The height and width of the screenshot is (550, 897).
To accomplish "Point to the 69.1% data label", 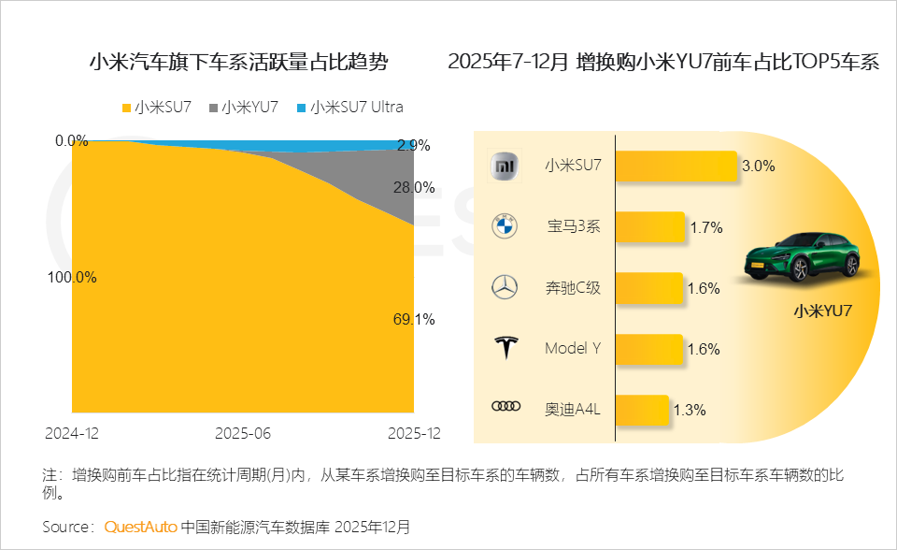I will point(413,319).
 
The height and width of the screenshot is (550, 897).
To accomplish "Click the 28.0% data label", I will point(413,187).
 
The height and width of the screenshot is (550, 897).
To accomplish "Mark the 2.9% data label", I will point(413,146).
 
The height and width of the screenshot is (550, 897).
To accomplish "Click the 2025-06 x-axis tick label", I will point(243,434).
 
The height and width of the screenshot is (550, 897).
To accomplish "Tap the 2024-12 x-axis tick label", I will point(72,434).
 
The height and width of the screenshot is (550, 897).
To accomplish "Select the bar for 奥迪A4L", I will point(642,409).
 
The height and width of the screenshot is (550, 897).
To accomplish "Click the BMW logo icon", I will point(505,226).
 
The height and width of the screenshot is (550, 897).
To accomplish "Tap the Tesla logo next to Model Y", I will point(505,349).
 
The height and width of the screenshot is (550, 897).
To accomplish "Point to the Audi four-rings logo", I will point(505,407).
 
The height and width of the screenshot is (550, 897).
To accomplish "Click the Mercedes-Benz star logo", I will point(505,288).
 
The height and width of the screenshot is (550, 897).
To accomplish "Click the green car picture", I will point(802,253).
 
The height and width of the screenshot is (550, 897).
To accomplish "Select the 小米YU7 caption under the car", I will point(822,311).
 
